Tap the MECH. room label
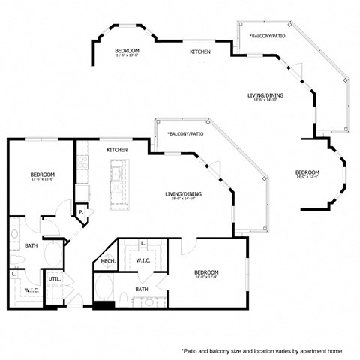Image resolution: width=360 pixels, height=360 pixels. coord(107,261)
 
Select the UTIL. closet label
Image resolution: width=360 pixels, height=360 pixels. coord(54,279)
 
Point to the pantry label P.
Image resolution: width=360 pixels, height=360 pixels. coord(80,213)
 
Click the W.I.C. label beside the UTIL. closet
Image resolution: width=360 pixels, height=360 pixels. coord(31,289)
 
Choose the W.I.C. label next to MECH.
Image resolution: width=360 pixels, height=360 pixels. coord(143,260)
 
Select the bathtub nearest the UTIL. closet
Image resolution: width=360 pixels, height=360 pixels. coord(52,253)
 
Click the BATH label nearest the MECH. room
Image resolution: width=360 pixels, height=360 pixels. coord(142,289)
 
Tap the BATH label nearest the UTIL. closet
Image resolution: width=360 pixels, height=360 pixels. coord(31,245)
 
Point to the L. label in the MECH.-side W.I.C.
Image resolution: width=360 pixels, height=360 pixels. coord(142,244)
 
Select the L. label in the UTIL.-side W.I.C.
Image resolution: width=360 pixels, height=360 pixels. coord(14,274)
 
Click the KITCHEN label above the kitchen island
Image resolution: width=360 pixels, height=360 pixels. coord(117,150)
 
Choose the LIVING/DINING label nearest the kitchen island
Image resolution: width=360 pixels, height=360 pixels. coord(184,196)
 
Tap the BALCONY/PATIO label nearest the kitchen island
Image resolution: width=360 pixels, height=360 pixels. coord(186,133)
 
